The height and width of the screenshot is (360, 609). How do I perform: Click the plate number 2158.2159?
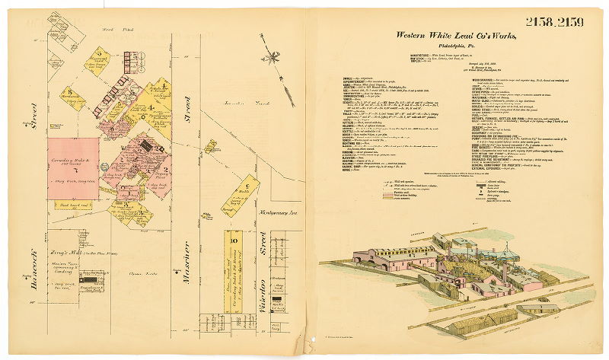[x=553, y=21]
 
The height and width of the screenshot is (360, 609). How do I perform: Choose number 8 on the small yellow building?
[x=69, y=93]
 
